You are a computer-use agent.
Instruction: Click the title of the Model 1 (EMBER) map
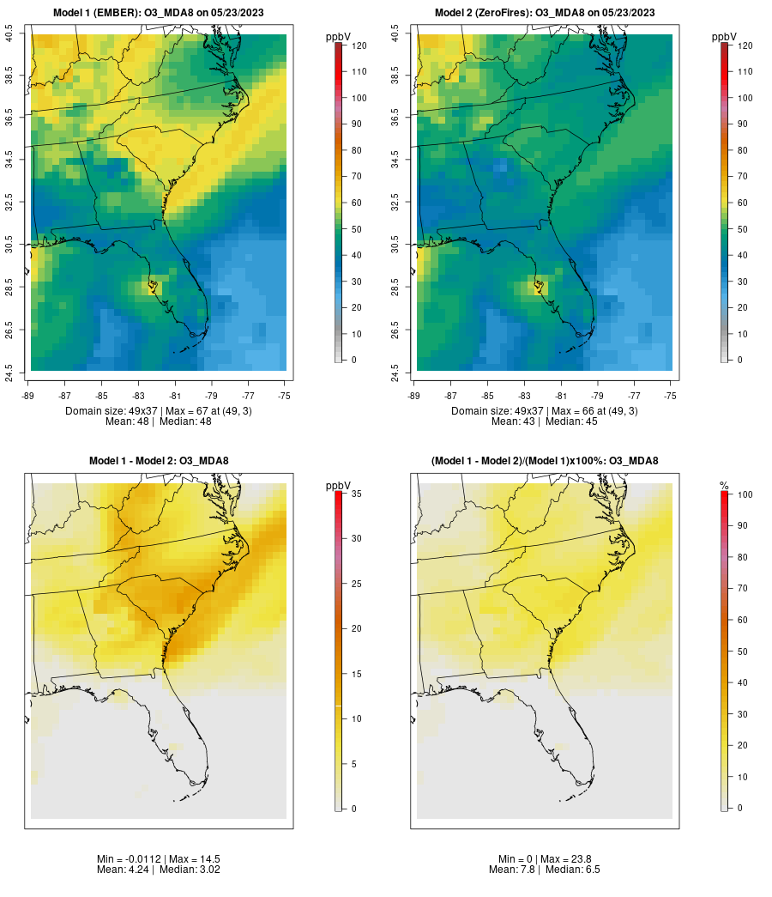pyautogui.click(x=159, y=13)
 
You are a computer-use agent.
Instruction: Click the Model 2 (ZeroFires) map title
pyautogui.click(x=545, y=13)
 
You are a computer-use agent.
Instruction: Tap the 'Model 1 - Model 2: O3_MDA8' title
pyautogui.click(x=159, y=461)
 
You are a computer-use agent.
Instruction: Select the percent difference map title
pyautogui.click(x=545, y=461)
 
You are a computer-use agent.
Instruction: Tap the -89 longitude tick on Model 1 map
pyautogui.click(x=28, y=396)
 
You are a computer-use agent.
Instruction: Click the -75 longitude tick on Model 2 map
pyautogui.click(x=671, y=396)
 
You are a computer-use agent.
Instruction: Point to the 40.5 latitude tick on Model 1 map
pyautogui.click(x=9, y=34)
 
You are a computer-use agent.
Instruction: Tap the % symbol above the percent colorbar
pyautogui.click(x=724, y=486)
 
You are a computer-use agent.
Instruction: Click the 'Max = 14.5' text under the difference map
pyautogui.click(x=183, y=859)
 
